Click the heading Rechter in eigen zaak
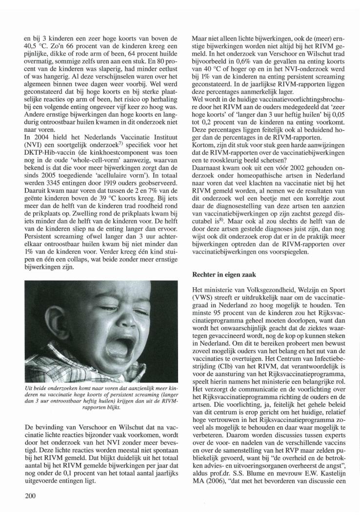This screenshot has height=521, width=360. coord(223,275)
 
